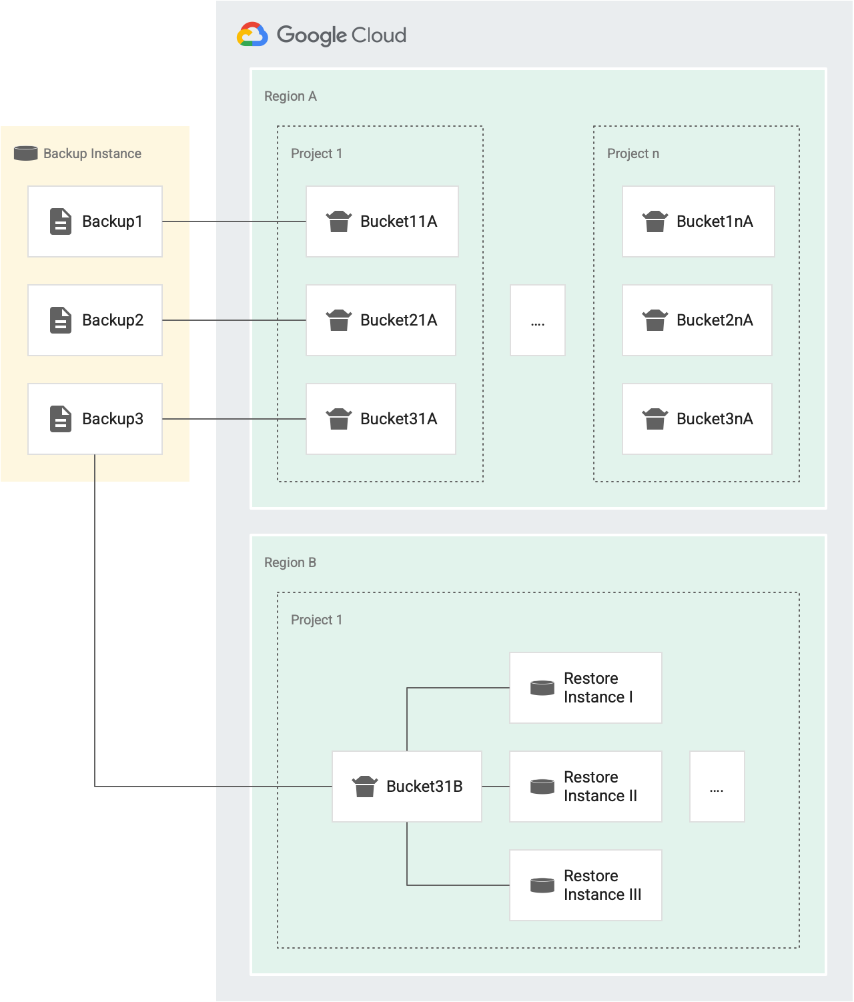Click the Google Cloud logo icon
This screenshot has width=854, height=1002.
coord(252,35)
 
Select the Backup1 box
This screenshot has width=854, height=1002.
coord(95,221)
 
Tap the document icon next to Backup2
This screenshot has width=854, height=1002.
coord(61,320)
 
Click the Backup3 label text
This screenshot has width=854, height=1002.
coord(112,419)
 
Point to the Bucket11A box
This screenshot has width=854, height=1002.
coord(382,221)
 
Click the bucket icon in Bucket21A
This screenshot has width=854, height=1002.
coord(339,320)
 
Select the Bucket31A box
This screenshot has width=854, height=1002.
coord(380,419)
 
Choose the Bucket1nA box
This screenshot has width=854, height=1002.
coord(698,221)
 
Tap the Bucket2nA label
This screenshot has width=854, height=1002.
coord(715,320)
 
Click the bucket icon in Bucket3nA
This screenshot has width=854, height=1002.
coord(655,419)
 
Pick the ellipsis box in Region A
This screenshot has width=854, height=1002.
coord(538,320)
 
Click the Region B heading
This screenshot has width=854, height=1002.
coord(290,562)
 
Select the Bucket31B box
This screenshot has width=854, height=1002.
coord(407,787)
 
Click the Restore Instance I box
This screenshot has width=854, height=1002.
coord(585,688)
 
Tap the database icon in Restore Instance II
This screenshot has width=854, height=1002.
coord(542,787)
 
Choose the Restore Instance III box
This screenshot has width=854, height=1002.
coord(585,885)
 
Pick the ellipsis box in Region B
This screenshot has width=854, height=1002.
coord(717,787)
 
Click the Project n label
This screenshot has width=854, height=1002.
coord(632,153)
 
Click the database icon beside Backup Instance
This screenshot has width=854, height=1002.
coord(26,153)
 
